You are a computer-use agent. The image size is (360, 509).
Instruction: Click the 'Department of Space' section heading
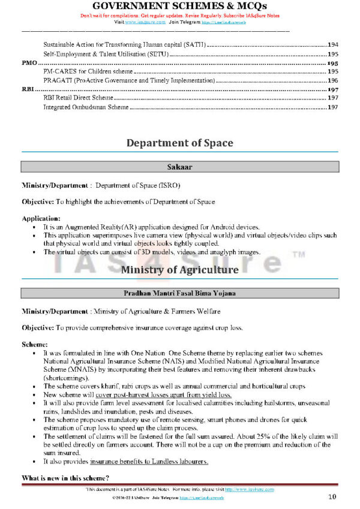(179, 143)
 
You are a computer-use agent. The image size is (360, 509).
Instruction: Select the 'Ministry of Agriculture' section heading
(179, 270)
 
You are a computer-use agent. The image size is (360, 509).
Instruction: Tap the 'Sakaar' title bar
(179, 167)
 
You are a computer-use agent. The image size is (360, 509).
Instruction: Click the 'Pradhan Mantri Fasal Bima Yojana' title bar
(179, 293)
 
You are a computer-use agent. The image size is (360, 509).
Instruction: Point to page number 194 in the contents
(333, 45)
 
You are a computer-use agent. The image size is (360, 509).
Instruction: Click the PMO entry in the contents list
(29, 63)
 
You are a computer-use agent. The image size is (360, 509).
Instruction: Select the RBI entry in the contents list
(28, 89)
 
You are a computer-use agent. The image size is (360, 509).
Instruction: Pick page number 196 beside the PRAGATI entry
(333, 80)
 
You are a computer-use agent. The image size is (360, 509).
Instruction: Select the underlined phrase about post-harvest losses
(161, 396)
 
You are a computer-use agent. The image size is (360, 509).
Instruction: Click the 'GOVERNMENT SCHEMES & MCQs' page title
(179, 6)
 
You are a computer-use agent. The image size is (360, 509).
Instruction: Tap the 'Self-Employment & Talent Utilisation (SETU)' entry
(106, 54)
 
